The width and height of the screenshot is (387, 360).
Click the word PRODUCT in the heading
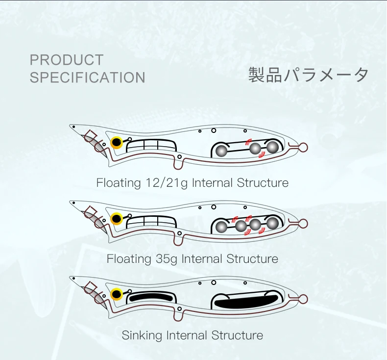(67, 60)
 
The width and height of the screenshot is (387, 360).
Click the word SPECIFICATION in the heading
(87, 77)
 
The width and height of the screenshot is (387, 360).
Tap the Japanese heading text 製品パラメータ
(308, 75)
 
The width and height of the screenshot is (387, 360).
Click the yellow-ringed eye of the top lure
(117, 142)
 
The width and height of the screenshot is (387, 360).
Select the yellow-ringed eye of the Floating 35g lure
(117, 218)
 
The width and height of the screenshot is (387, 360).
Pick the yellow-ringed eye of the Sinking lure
(117, 294)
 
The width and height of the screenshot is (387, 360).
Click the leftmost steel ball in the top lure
(221, 151)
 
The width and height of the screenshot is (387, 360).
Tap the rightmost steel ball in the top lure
(272, 148)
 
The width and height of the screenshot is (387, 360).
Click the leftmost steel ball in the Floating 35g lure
(221, 227)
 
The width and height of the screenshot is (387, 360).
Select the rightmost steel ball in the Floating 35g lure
(272, 224)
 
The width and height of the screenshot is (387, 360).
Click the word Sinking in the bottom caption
(142, 336)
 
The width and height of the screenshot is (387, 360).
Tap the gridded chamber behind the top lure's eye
(152, 146)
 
